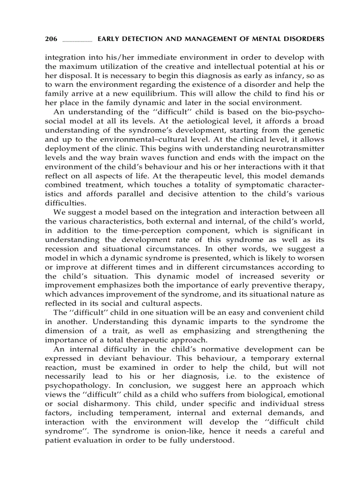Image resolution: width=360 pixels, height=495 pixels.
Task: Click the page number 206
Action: coord(51,39)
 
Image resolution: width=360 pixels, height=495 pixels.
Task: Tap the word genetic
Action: coord(310,130)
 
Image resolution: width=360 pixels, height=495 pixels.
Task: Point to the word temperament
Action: coord(147,413)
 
